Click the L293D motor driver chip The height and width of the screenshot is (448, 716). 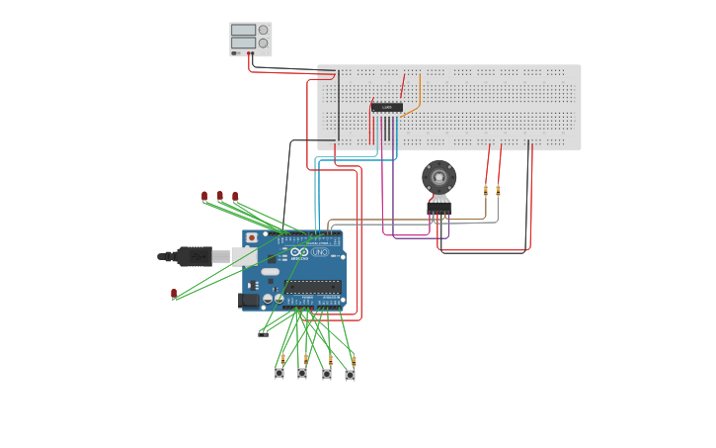(386, 107)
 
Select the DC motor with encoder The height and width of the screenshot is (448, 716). (438, 179)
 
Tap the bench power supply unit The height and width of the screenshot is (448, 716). (250, 39)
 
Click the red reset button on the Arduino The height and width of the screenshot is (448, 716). (252, 238)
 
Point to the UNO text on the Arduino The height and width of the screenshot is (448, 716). (320, 253)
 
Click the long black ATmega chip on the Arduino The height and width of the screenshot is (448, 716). (314, 288)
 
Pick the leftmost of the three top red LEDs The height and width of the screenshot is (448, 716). (204, 196)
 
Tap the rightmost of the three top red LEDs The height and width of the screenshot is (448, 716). (235, 196)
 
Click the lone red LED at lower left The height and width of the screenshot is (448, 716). (174, 293)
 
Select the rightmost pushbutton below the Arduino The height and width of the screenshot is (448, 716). (350, 375)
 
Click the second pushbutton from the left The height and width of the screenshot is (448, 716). (302, 374)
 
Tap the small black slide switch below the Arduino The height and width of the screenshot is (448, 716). (263, 333)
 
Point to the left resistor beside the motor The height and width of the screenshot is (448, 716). (486, 189)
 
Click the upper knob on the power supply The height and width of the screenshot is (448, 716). (263, 30)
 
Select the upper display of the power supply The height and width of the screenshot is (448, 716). (243, 30)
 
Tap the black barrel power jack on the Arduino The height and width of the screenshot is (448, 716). (249, 301)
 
